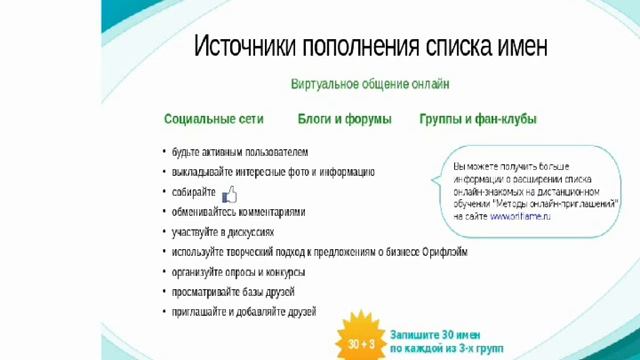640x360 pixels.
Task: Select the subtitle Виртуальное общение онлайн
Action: click(370, 87)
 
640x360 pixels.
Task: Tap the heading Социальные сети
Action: click(214, 119)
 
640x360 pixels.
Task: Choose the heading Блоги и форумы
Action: click(344, 119)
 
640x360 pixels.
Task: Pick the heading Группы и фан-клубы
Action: click(478, 119)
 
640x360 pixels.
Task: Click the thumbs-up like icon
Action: click(229, 193)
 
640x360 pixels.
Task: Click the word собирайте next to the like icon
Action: click(194, 192)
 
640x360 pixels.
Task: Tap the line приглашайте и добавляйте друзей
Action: click(244, 312)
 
